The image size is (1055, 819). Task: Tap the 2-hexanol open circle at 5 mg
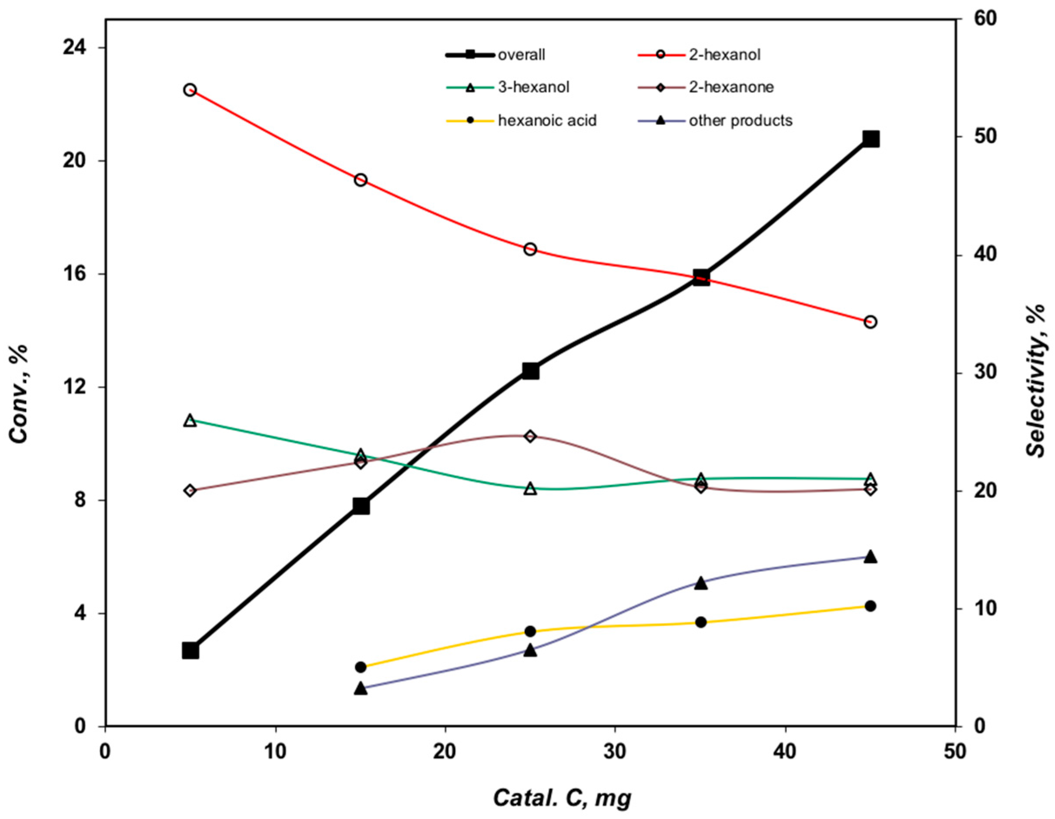[190, 90]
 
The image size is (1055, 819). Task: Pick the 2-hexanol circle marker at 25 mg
[530, 249]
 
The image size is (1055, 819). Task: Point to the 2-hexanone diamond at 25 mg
[530, 436]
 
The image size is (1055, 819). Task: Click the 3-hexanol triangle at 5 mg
[190, 420]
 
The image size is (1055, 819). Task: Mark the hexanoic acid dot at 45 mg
[871, 606]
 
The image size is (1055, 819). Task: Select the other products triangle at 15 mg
[360, 688]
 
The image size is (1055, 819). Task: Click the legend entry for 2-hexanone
[731, 87]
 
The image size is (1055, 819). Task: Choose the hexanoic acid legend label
[547, 120]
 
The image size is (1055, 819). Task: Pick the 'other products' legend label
[740, 120]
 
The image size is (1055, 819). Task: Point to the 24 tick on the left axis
[75, 48]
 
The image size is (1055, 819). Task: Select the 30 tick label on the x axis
[615, 753]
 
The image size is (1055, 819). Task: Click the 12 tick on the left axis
[75, 387]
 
